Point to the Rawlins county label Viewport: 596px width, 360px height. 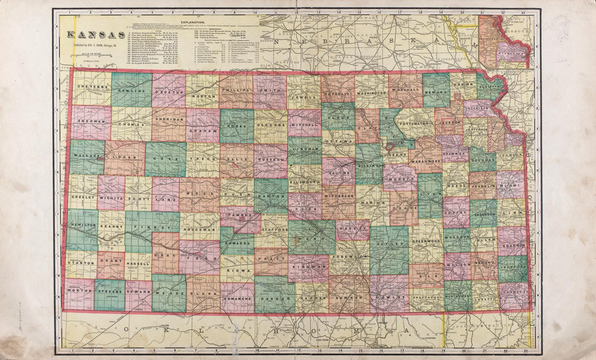point(131,91)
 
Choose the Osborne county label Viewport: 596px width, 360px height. point(271,124)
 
